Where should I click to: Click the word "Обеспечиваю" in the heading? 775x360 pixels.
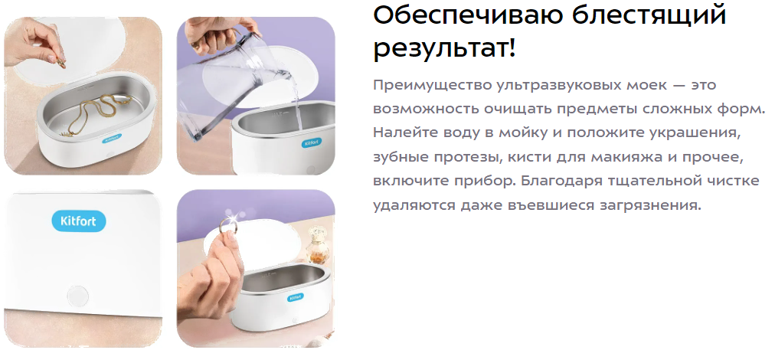tap(468, 15)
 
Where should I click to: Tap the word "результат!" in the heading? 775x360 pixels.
tap(444, 48)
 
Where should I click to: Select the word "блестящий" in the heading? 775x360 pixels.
tap(649, 15)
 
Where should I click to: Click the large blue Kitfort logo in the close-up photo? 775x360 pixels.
tap(79, 221)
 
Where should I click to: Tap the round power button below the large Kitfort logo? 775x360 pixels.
tap(77, 296)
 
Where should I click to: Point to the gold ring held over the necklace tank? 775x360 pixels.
tap(60, 64)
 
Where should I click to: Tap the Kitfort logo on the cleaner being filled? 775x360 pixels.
tap(311, 143)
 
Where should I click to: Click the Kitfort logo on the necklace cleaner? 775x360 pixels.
tap(113, 140)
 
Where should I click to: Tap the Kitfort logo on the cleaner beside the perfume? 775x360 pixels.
tap(295, 298)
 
